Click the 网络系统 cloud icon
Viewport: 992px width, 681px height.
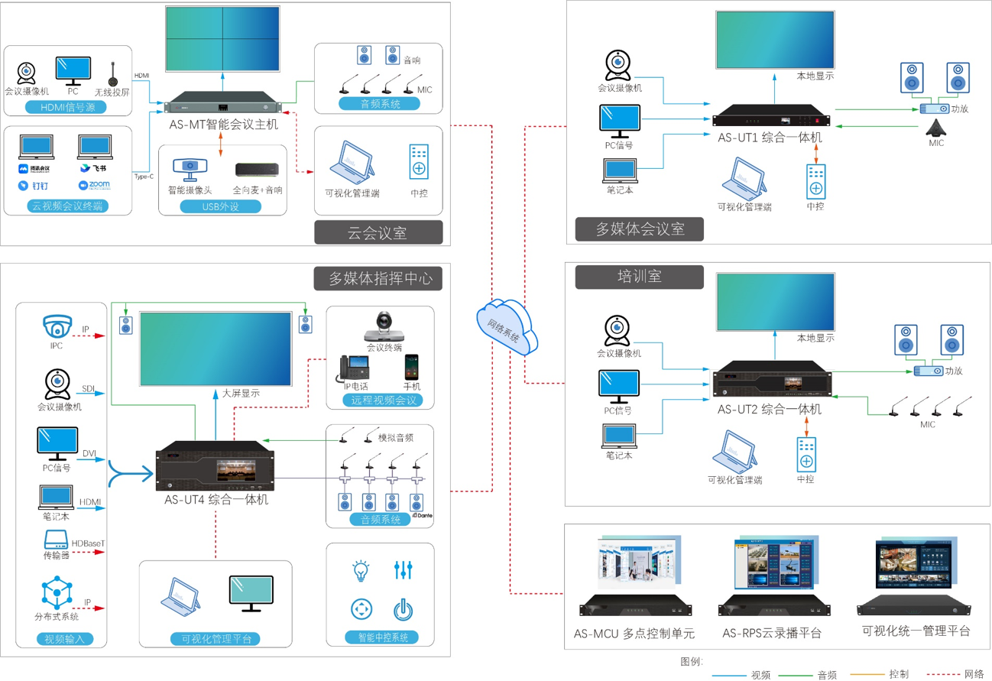click(507, 326)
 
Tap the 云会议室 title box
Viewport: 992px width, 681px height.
click(378, 233)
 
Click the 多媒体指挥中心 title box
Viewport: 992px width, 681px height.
click(378, 278)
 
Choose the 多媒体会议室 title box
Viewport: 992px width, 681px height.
click(639, 229)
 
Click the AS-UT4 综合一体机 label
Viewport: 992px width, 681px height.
click(216, 500)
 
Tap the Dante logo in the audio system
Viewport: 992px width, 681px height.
click(423, 516)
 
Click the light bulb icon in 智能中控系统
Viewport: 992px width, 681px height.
click(361, 569)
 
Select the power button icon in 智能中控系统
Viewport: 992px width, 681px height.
click(403, 609)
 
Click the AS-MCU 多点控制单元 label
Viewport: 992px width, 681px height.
click(634, 634)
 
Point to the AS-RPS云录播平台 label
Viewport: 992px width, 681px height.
click(772, 634)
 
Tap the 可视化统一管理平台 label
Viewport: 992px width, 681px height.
click(916, 631)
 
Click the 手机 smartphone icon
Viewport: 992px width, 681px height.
click(412, 368)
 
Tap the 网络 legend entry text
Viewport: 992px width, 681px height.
click(974, 674)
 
